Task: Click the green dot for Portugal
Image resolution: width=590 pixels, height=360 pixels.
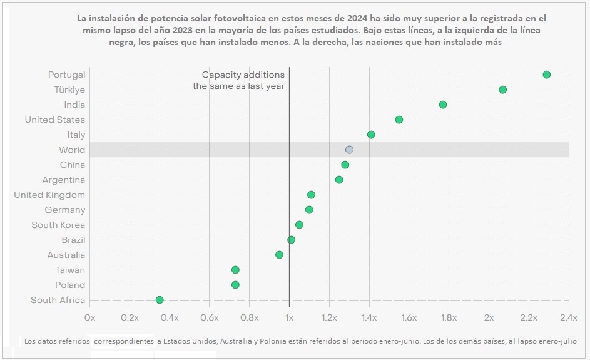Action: pos(546,75)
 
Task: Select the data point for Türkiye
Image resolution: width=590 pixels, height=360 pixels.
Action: pos(502,90)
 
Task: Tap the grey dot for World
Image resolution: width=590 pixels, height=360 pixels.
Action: pos(349,150)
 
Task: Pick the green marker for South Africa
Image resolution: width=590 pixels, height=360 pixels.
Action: pos(160,300)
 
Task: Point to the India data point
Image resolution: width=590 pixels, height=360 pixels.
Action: pos(443,105)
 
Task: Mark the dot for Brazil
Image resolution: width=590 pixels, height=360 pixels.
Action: pos(291,240)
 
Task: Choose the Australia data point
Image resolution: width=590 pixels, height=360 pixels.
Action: pos(279,255)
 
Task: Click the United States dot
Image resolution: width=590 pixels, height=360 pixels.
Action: pos(399,120)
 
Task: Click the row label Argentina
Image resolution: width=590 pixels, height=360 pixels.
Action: pos(64,180)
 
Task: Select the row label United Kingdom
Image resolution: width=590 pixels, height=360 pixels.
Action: pos(49,195)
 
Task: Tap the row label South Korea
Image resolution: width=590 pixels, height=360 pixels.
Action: pos(58,225)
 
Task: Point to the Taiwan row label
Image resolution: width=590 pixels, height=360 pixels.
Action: pos(70,270)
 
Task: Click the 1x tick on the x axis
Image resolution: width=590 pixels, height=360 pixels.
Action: pos(289,317)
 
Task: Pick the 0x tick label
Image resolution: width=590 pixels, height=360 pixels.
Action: pos(90,317)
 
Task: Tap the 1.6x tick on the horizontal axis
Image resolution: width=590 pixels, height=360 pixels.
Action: pos(409,317)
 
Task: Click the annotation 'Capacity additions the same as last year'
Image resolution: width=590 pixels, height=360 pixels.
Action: pos(238,80)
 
